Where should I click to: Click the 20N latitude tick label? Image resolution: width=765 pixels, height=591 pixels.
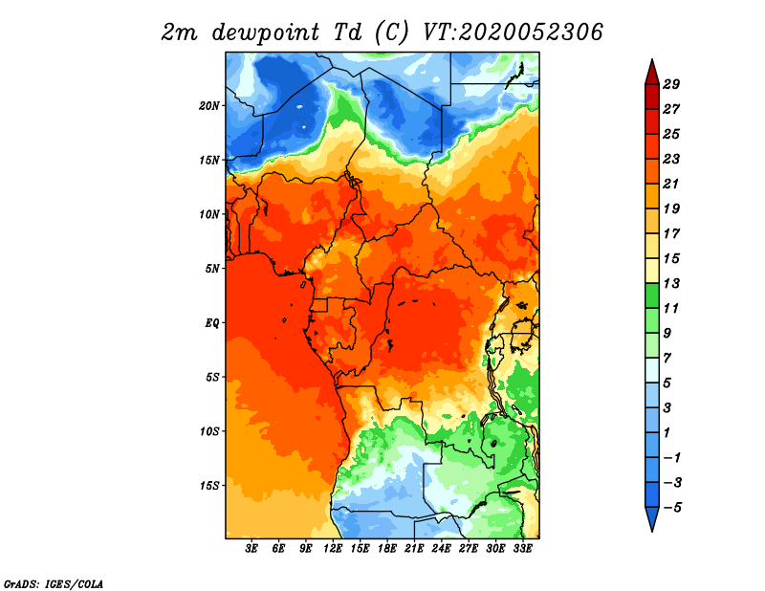point(209,106)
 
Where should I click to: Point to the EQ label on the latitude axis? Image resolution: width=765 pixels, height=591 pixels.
point(212,323)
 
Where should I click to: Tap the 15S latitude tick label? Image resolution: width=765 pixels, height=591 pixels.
point(209,486)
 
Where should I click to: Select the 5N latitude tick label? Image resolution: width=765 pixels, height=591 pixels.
point(212,269)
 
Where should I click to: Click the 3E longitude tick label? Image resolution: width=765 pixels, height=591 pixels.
point(251,549)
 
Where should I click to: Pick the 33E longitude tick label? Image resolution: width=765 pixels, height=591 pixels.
point(522,549)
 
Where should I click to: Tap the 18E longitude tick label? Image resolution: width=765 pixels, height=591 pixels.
point(387,549)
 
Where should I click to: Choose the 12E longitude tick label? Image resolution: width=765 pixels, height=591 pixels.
point(333,549)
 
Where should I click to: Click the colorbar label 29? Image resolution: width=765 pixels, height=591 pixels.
point(671,84)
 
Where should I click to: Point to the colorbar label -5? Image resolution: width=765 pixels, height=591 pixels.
point(672,508)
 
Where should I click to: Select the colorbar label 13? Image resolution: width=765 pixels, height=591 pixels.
point(671,283)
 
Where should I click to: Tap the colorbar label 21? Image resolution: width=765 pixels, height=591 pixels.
point(671,184)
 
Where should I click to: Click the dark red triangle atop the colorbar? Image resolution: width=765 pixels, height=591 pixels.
point(652,74)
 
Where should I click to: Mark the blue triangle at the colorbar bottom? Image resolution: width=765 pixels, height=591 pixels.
point(652,517)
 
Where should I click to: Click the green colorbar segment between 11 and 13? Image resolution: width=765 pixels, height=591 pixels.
point(652,295)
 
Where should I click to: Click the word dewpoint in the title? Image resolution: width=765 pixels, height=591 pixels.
point(266,33)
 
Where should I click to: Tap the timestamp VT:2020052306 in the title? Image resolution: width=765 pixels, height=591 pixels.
point(513,33)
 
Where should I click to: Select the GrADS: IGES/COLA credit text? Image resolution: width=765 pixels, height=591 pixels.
point(54,583)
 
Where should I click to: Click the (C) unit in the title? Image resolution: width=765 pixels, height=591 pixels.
point(391,33)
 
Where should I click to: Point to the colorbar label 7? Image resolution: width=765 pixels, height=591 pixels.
point(667,359)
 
